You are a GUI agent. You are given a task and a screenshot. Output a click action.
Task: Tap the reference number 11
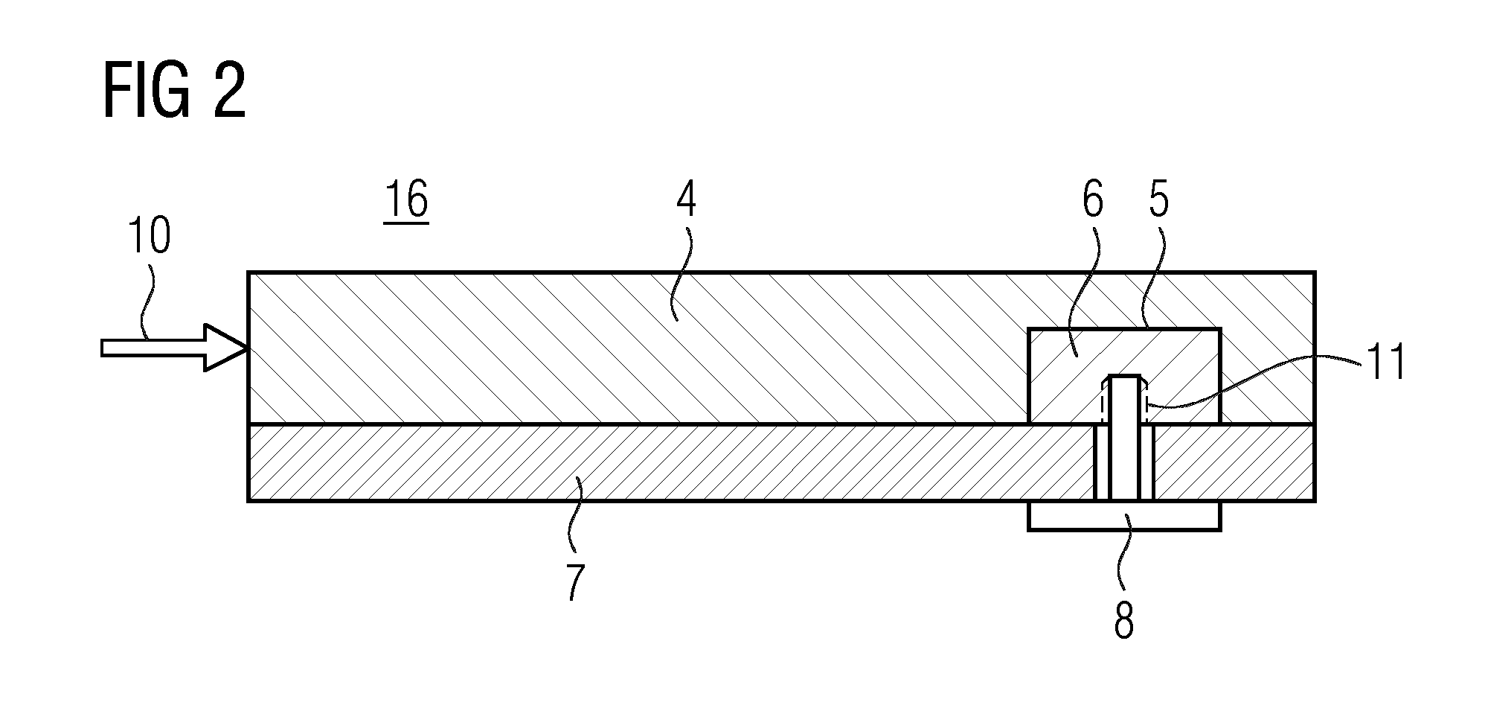(1385, 363)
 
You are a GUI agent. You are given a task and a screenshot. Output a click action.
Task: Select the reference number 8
(1123, 619)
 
